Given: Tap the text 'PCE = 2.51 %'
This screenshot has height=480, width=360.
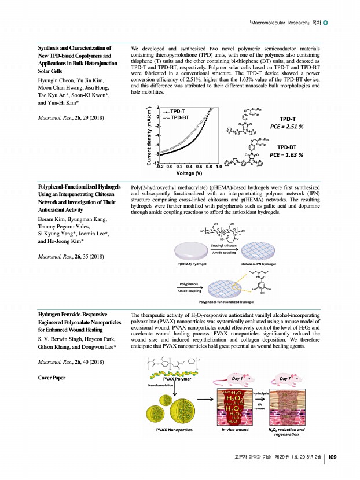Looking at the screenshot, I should click(287, 125).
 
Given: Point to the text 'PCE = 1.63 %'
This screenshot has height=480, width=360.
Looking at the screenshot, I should click(287, 154).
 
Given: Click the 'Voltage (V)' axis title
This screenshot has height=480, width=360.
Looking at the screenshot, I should click(190, 173).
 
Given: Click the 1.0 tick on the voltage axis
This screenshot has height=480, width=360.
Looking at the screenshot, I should click(218, 167).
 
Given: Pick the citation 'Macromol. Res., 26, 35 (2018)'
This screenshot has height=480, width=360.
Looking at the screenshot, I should click(71, 255).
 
